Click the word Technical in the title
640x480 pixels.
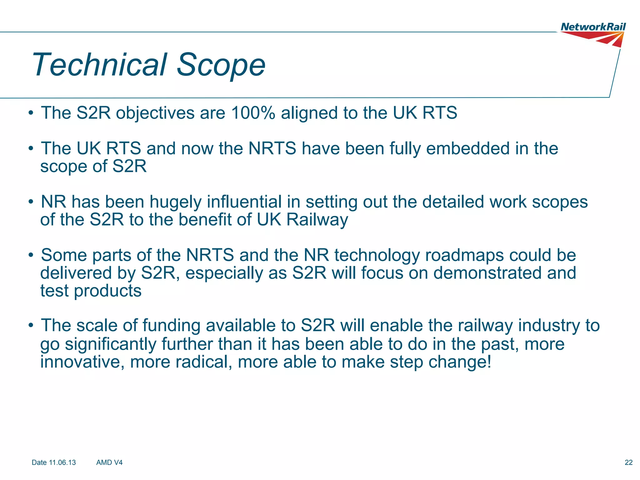(99, 65)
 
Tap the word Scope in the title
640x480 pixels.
(221, 65)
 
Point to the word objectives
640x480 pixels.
(155, 113)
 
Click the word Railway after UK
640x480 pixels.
(317, 220)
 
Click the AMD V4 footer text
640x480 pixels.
(109, 462)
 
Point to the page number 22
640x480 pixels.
(628, 462)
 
